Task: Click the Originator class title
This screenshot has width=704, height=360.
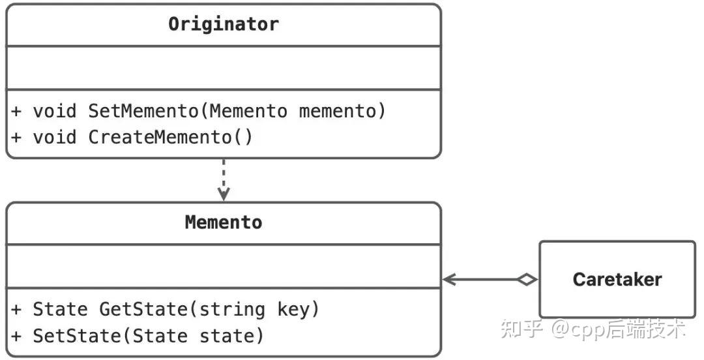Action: point(224,24)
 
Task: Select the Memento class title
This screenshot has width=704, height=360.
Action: point(224,222)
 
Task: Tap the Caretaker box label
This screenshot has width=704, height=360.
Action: point(617,280)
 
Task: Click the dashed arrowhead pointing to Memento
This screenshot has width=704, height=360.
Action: point(224,194)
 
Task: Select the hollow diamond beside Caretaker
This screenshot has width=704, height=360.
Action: point(527,280)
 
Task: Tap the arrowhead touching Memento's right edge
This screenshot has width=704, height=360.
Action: point(449,280)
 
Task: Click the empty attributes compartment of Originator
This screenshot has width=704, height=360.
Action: point(224,68)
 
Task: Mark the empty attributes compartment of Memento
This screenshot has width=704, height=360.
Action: point(224,266)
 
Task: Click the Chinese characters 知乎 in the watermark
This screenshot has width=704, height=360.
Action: point(522,329)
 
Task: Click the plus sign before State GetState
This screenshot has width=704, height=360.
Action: point(16,309)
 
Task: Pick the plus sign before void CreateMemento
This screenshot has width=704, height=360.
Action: point(16,138)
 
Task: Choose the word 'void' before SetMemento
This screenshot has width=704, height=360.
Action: point(55,112)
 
